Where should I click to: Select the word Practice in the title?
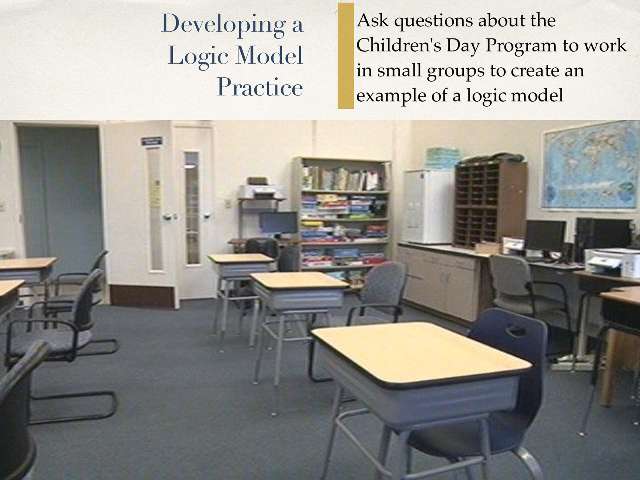click(x=260, y=87)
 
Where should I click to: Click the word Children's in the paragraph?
click(x=398, y=45)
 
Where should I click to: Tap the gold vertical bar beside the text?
click(x=346, y=56)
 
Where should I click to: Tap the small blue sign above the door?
click(x=151, y=141)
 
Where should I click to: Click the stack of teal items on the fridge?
click(x=442, y=158)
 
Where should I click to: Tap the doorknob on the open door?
click(x=166, y=217)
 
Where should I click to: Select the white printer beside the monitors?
click(x=612, y=262)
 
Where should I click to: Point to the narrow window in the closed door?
click(x=192, y=208)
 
